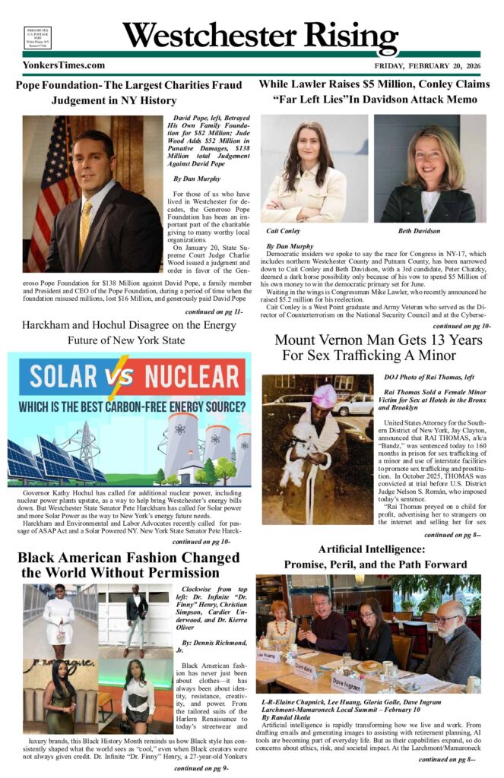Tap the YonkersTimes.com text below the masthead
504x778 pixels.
[64, 65]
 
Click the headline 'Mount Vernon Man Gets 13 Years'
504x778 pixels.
[378, 340]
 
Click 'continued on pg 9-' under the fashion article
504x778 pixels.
[201, 768]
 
